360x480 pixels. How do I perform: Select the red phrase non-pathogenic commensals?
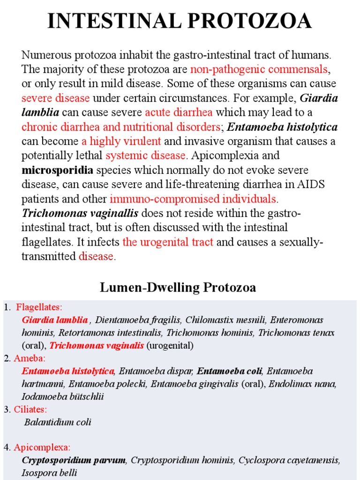[x=259, y=70]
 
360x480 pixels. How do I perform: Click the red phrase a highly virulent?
[x=121, y=142]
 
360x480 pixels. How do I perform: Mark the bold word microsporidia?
[x=57, y=170]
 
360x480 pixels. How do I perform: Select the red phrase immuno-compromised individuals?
[x=193, y=199]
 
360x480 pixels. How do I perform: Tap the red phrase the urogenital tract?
[x=168, y=242]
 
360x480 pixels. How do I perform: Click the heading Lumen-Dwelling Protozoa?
[x=178, y=288]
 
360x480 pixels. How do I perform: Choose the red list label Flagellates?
[x=39, y=307]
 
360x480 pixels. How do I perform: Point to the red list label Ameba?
[x=29, y=359]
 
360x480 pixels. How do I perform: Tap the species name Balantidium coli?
[x=58, y=422]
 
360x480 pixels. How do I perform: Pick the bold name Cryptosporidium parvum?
[x=74, y=460]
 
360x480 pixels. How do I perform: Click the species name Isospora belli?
[x=49, y=473]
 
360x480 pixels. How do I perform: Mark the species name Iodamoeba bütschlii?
[x=63, y=397]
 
